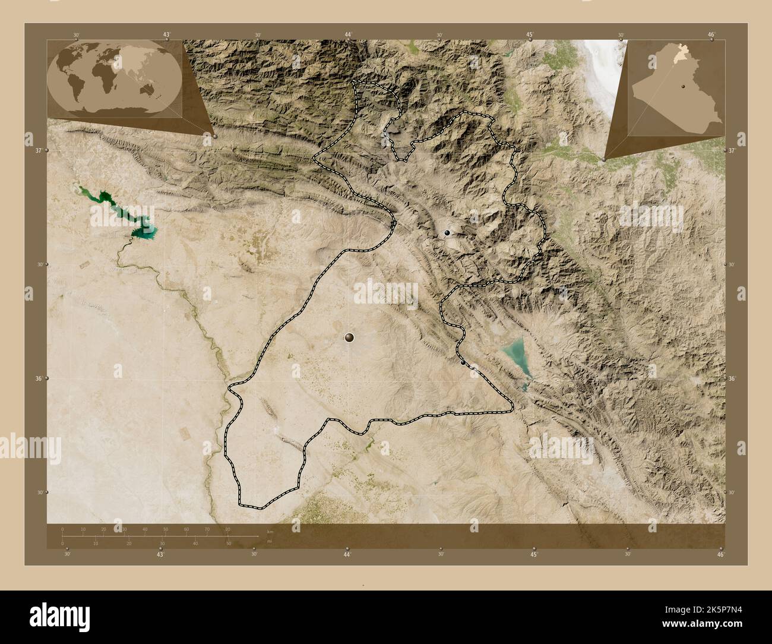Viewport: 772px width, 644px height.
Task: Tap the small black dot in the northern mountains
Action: tap(447, 233)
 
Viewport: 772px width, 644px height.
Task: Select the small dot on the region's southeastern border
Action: tap(463, 361)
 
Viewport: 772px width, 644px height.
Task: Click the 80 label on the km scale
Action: tap(228, 529)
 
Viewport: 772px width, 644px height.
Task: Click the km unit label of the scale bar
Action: tap(270, 531)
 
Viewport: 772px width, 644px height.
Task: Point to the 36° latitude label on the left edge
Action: tap(39, 378)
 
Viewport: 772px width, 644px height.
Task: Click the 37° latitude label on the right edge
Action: tap(732, 150)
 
